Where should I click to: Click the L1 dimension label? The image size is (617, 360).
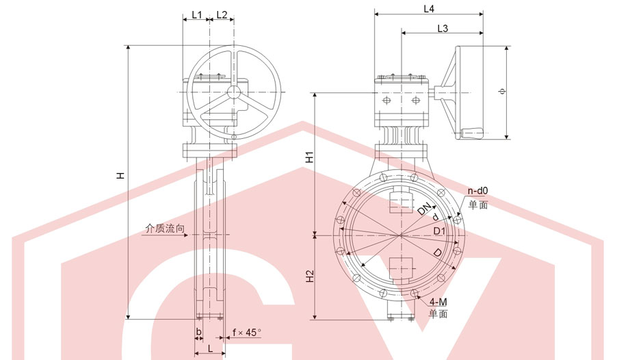coord(196,15)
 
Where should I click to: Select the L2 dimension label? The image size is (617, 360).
coord(222,15)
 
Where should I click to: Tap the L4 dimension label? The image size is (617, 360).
coord(429,9)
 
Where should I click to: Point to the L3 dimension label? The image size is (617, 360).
coord(443,28)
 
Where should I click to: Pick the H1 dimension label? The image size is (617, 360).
coord(310,157)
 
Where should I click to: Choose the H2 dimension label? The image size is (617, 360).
coord(310,276)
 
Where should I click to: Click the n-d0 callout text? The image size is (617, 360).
coord(477,191)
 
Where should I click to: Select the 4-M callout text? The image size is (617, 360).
coord(438,302)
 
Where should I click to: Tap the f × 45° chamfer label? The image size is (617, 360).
coord(247,333)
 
